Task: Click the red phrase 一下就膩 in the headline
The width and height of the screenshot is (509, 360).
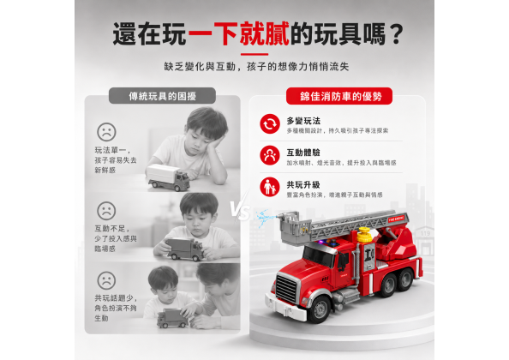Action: coord(238,33)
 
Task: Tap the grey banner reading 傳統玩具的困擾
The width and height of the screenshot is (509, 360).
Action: coord(162,96)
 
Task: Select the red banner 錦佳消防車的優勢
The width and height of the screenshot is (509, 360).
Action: coord(339,96)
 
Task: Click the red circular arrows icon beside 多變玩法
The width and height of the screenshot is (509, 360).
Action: coord(270,123)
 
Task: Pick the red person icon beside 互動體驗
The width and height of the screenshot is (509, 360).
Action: coord(270,155)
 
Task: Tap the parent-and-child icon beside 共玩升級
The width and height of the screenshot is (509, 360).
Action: coord(270,187)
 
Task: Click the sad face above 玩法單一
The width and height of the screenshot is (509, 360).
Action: coord(106,132)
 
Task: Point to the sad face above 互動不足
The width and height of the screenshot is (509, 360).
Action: coord(106,211)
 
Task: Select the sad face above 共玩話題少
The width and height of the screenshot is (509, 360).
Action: coord(106,280)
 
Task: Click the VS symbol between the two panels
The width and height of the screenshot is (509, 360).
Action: coord(240,211)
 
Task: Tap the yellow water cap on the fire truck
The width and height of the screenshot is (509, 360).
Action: coord(364,235)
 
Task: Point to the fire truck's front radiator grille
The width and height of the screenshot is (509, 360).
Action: coord(286,289)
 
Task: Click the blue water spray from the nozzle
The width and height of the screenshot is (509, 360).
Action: coord(263,218)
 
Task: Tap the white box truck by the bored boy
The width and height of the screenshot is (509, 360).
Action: coord(168,177)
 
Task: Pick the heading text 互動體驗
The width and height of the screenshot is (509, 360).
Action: coord(303,153)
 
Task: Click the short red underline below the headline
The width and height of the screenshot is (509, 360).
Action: coord(254,54)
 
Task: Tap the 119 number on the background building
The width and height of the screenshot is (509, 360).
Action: coord(425,233)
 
